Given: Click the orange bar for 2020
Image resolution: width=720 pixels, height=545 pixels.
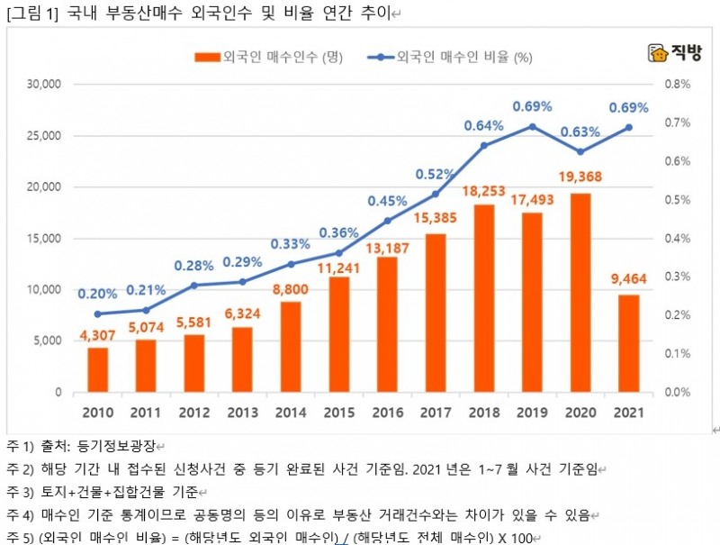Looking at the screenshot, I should [580, 293].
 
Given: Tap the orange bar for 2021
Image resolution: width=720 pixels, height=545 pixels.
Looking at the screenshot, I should [629, 343].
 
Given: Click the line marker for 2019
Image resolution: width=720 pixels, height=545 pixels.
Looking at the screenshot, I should [532, 126].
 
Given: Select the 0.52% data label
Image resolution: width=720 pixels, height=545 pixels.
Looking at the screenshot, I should [435, 174].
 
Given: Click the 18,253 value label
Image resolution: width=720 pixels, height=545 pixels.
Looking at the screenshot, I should [483, 192].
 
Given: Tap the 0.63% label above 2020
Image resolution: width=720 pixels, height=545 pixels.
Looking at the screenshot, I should [580, 132].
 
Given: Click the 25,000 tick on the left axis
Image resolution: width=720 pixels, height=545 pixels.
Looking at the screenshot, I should [43, 136].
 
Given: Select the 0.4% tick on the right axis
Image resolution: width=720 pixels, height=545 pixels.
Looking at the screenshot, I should [678, 239].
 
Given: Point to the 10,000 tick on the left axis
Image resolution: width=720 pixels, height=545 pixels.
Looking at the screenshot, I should [43, 290].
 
